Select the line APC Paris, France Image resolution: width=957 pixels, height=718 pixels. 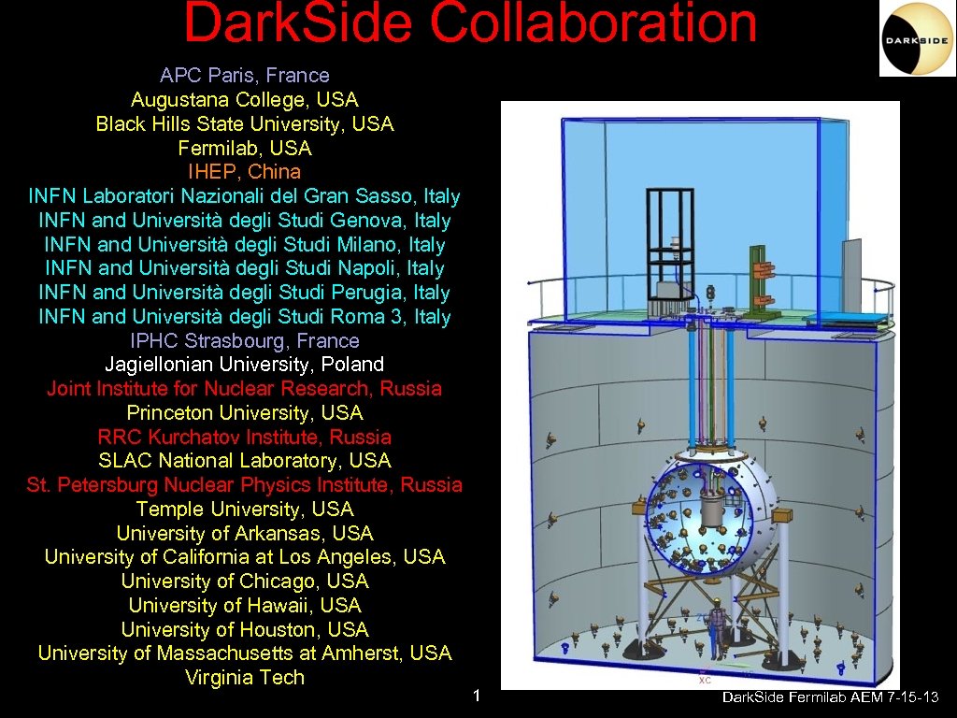(x=244, y=76)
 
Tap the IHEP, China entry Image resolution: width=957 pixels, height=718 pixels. (x=244, y=172)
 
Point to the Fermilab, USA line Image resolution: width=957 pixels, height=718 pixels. (x=244, y=148)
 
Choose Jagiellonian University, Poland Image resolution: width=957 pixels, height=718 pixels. (x=244, y=364)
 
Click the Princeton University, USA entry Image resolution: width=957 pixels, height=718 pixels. (x=244, y=412)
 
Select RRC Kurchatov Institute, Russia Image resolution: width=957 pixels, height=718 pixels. (x=244, y=437)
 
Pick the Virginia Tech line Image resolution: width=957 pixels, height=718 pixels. (x=244, y=678)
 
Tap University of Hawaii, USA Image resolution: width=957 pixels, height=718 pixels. (x=244, y=605)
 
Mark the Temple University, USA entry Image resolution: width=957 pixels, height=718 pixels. (x=244, y=509)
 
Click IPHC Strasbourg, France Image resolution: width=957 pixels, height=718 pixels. (x=244, y=340)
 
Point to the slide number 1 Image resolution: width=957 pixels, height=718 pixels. (x=477, y=696)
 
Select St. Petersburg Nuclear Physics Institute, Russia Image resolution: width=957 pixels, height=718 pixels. (x=244, y=484)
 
